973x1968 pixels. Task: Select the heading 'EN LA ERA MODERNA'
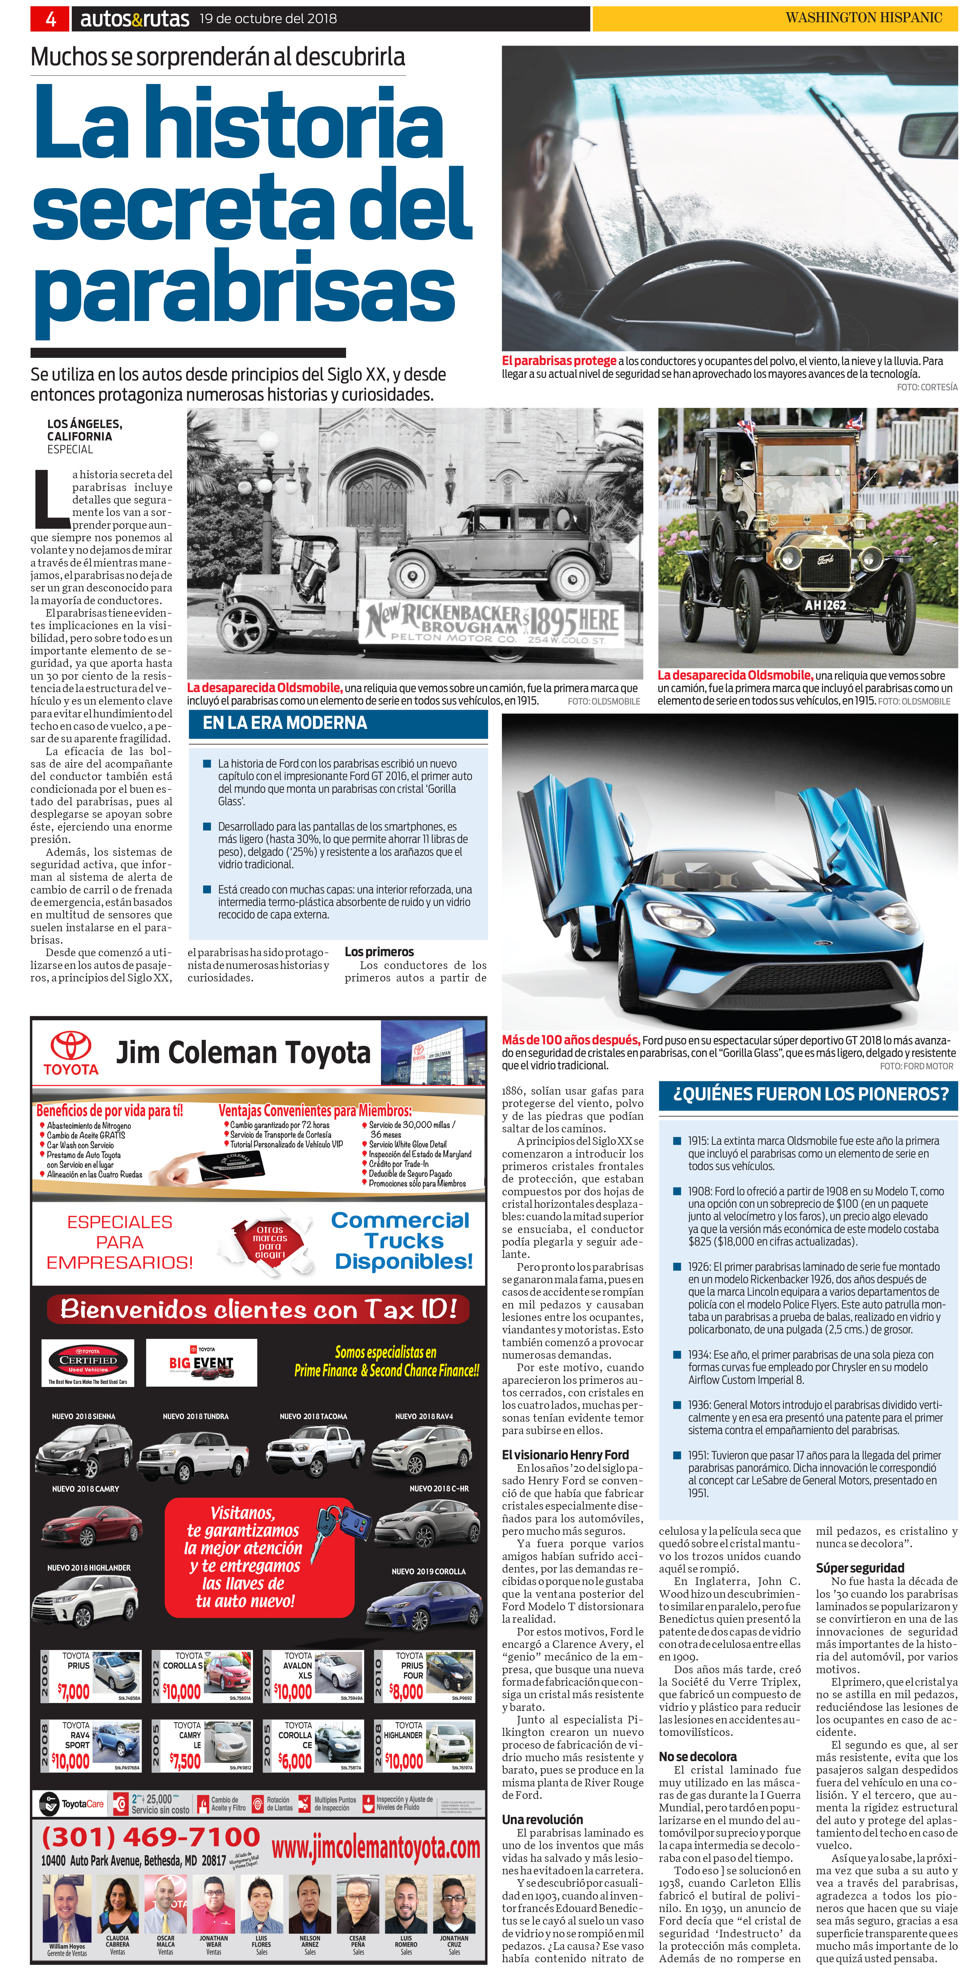point(285,723)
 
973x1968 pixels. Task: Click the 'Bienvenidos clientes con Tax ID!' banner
point(258,1309)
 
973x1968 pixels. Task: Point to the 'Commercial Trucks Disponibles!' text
point(403,1241)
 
